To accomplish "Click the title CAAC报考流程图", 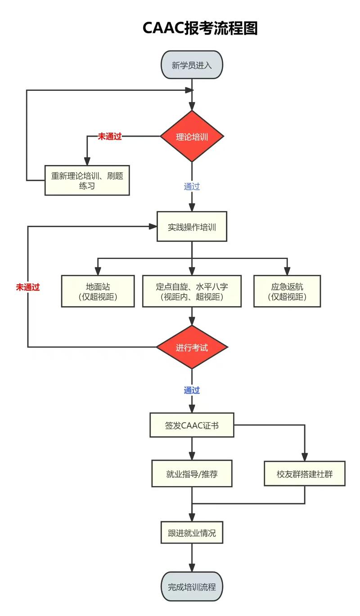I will (200, 28).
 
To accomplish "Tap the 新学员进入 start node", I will (192, 65).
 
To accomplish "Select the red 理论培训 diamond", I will (192, 137).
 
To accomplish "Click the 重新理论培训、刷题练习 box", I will (87, 180).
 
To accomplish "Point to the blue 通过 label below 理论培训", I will (192, 187).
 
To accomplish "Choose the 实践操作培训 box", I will (192, 227).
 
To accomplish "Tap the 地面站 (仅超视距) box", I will (98, 291).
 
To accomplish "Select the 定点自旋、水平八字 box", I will (192, 291).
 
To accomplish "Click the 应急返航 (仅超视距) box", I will (287, 291).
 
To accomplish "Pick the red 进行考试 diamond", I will (192, 348).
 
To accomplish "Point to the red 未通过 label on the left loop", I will (28, 287).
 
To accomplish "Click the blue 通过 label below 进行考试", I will (192, 390).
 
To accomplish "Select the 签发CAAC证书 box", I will (192, 425).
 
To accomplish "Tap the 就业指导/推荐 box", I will (192, 473).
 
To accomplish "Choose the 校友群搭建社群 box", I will (305, 473).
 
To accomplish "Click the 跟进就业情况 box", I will (192, 533).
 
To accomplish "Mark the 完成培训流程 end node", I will (192, 587).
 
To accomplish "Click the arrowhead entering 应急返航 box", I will (287, 272).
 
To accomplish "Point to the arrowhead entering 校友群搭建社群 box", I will (305, 457).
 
